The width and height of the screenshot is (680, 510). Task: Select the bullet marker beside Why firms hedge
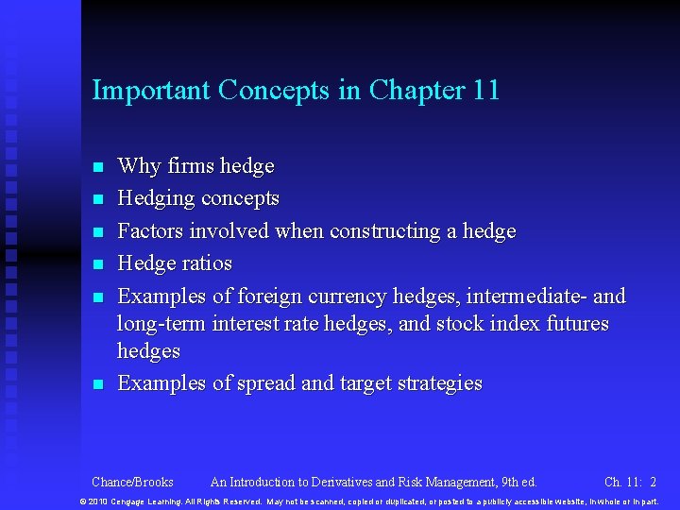tap(96, 167)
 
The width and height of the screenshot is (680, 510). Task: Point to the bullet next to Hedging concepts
tap(96, 199)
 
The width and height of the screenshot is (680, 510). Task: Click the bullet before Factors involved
tap(96, 232)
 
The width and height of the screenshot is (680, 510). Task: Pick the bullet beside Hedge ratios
tap(96, 264)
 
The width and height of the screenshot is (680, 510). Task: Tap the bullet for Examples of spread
tap(96, 384)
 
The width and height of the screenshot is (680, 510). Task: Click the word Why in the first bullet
tap(139, 166)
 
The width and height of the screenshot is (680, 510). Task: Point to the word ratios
tap(206, 263)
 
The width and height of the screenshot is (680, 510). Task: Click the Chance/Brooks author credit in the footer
tap(133, 482)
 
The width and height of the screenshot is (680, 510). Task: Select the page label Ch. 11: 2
tap(630, 482)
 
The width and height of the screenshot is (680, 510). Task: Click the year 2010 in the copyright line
tap(99, 501)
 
